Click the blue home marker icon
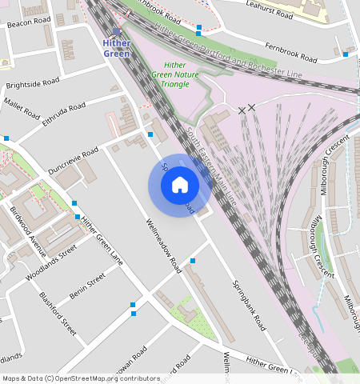(180, 185)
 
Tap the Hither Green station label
(117, 48)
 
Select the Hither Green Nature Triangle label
(175, 74)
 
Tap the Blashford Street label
(58, 314)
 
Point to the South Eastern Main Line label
(212, 166)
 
